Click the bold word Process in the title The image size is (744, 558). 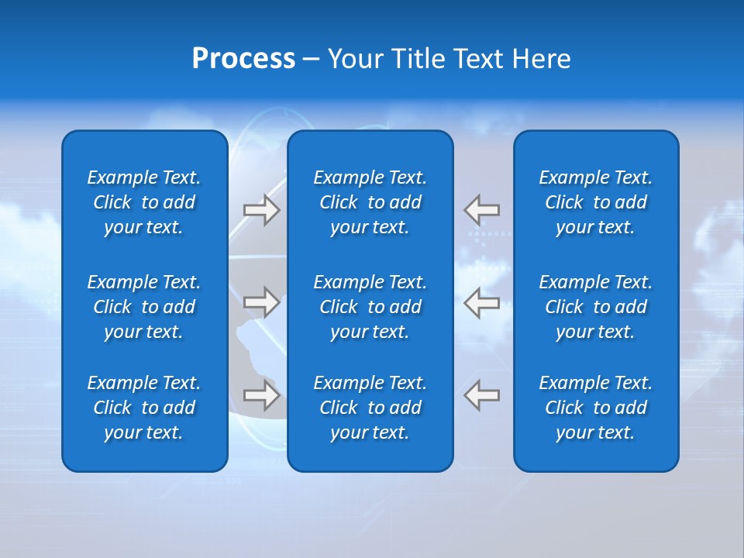pyautogui.click(x=243, y=59)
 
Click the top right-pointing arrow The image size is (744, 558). pyautogui.click(x=261, y=210)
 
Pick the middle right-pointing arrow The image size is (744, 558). pyautogui.click(x=261, y=302)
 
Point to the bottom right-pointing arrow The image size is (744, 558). pyautogui.click(x=261, y=395)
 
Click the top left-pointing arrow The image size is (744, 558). pyautogui.click(x=482, y=210)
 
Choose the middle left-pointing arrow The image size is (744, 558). pyautogui.click(x=482, y=302)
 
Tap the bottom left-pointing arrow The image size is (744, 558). pyautogui.click(x=482, y=395)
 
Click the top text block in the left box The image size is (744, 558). pyautogui.click(x=144, y=202)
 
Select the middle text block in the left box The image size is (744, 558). pyautogui.click(x=144, y=307)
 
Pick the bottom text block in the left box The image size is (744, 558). pyautogui.click(x=144, y=408)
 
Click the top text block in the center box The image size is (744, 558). pyautogui.click(x=370, y=202)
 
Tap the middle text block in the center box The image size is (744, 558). pyautogui.click(x=370, y=307)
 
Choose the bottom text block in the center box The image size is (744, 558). pyautogui.click(x=370, y=408)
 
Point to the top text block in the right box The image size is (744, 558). pyautogui.click(x=595, y=202)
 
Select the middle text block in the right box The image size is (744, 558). pyautogui.click(x=595, y=307)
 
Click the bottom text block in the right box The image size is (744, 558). pyautogui.click(x=595, y=408)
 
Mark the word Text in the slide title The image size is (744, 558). pyautogui.click(x=478, y=59)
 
